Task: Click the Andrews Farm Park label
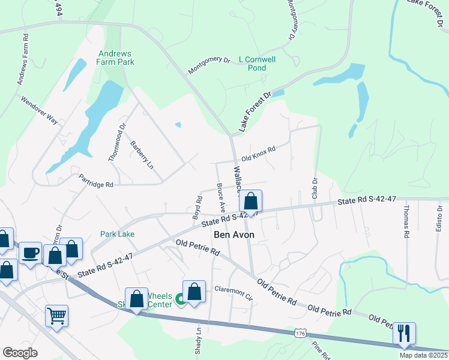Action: (116, 58)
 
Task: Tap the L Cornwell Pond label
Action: (257, 64)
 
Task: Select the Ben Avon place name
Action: (234, 235)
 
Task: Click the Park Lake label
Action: (117, 234)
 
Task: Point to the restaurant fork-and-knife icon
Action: (405, 334)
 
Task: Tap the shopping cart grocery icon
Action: (56, 315)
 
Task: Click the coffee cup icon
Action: (31, 253)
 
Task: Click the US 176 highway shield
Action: (298, 332)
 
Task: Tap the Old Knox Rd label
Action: (258, 154)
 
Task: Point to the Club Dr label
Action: (314, 188)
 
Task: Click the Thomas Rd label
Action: (406, 223)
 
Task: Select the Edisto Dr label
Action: (439, 218)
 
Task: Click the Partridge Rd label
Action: (96, 181)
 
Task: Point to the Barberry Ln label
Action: (142, 155)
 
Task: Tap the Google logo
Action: (20, 353)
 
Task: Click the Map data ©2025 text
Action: (424, 355)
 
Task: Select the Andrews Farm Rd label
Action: (23, 62)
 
